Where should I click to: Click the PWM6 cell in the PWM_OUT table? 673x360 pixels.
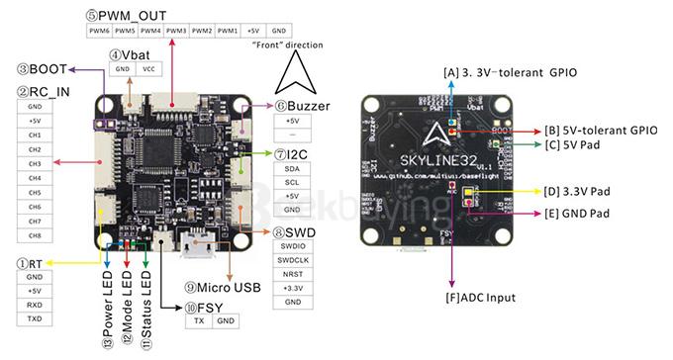click(x=98, y=31)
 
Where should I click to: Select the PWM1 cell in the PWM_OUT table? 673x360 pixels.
click(x=227, y=31)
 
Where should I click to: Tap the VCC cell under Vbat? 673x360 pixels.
click(x=149, y=69)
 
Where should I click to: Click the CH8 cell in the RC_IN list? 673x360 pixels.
click(x=35, y=235)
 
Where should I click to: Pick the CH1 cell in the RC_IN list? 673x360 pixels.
click(x=35, y=134)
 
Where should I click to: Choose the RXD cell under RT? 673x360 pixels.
click(x=35, y=305)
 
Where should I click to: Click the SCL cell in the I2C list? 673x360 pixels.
click(x=292, y=182)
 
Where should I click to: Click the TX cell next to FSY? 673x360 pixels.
click(x=199, y=321)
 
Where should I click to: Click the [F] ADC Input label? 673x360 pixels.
click(x=479, y=297)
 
